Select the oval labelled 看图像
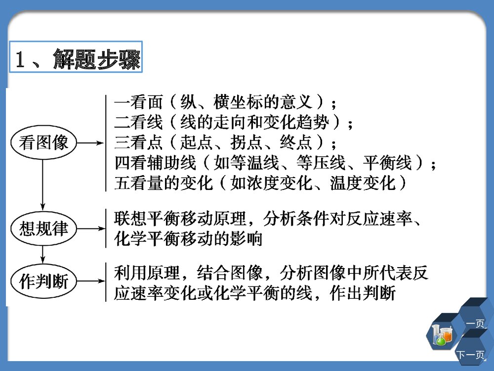(44, 143)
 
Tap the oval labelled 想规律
(44, 229)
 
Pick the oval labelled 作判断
(44, 282)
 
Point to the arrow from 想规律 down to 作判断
(43, 255)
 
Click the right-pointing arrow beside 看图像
(91, 143)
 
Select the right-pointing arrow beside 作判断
(91, 283)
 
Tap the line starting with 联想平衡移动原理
(269, 218)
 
